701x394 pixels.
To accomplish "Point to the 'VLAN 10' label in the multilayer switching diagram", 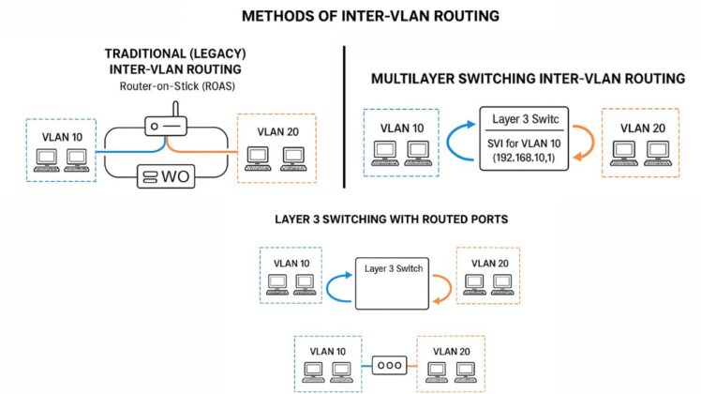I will coord(402,129).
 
